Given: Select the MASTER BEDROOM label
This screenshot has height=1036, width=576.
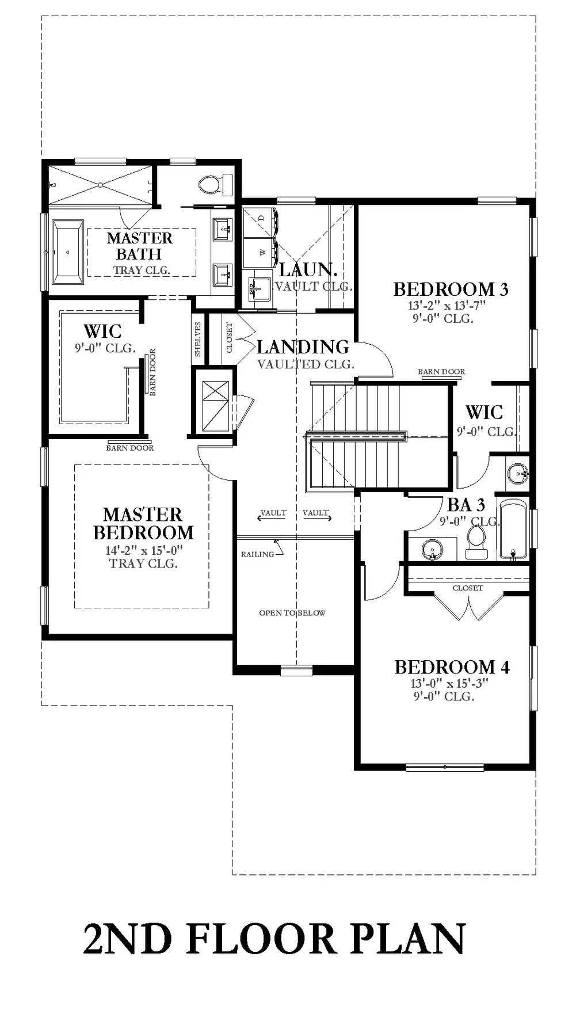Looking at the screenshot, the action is coord(143,523).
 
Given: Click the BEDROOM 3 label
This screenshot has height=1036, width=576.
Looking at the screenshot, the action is coord(451,289).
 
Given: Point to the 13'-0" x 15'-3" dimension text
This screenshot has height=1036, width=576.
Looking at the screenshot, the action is coord(449,683).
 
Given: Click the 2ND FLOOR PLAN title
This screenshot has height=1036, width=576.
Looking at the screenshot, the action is coord(274,939).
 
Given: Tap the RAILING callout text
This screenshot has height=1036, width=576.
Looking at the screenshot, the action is coord(257,554).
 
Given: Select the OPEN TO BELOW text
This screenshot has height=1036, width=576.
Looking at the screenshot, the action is coord(292,613).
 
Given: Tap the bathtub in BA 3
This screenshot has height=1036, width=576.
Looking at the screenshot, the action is coord(513,530).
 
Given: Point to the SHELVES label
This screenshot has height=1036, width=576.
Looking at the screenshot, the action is coord(198,339).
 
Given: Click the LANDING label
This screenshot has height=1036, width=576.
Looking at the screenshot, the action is coord(303,346).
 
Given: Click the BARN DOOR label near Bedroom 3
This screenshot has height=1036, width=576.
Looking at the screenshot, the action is coord(441,372).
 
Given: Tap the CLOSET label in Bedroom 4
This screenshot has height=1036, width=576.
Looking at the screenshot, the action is coord(468,588).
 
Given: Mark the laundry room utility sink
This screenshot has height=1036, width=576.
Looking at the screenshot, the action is coord(258,287).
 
